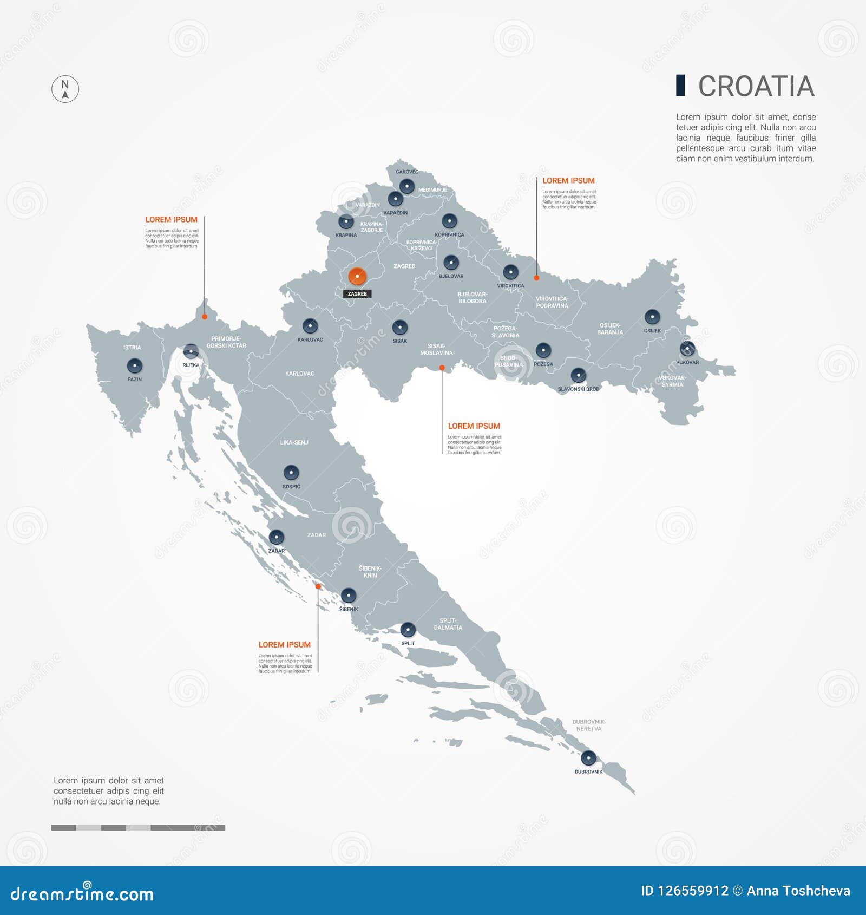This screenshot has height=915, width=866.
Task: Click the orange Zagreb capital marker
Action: click(357, 276)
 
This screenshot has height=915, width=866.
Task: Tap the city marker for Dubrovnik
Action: click(588, 758)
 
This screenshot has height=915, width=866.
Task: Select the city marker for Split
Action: click(408, 630)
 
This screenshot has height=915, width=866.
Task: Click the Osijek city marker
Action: click(652, 317)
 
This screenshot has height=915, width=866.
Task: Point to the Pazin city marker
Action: click(134, 366)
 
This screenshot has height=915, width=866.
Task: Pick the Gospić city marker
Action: click(291, 473)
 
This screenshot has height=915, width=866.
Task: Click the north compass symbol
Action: click(65, 89)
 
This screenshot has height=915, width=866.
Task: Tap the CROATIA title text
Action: click(756, 87)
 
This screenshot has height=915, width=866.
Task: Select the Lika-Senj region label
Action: click(294, 442)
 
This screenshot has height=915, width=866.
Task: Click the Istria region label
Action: click(132, 348)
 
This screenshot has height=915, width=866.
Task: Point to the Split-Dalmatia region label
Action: click(448, 624)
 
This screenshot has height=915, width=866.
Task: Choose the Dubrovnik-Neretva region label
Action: click(589, 725)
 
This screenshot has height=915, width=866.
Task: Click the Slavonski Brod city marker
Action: click(578, 375)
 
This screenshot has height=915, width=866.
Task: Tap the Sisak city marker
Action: click(400, 328)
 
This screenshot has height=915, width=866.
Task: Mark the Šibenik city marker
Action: click(349, 596)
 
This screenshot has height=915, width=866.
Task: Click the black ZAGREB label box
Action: click(357, 294)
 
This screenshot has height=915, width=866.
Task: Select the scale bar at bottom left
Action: click(138, 827)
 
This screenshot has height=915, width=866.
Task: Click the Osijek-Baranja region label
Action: click(610, 329)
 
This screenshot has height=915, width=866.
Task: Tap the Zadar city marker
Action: click(276, 537)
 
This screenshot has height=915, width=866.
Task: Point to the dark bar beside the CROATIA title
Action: click(680, 86)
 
